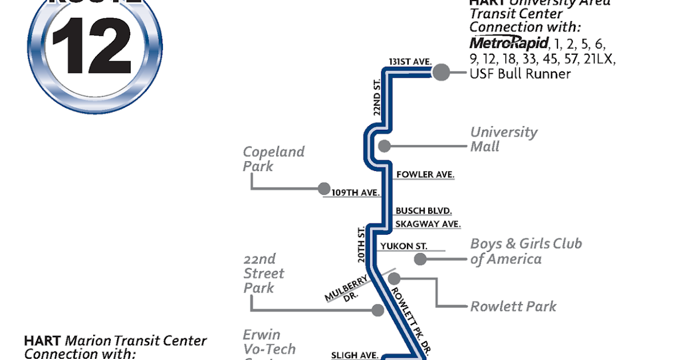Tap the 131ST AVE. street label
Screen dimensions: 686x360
tap(409, 61)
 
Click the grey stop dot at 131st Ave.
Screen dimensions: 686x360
tap(441, 73)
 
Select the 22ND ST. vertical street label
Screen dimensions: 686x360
tap(377, 98)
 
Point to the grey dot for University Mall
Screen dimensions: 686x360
tap(384, 146)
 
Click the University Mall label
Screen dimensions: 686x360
tap(504, 139)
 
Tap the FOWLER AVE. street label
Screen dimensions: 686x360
tap(425, 174)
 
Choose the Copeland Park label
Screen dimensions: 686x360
tap(273, 159)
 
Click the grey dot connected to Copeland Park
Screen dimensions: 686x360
tap(324, 188)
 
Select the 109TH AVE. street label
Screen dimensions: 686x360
tap(356, 193)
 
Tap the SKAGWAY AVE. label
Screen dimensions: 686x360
tap(428, 224)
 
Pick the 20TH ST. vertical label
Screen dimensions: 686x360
tap(361, 245)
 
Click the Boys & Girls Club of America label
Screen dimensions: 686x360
tap(525, 251)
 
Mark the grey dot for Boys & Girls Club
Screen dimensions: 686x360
tap(420, 259)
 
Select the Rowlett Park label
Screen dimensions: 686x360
tap(513, 306)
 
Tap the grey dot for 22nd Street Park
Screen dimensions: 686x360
tap(377, 310)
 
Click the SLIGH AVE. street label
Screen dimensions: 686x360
tap(354, 355)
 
